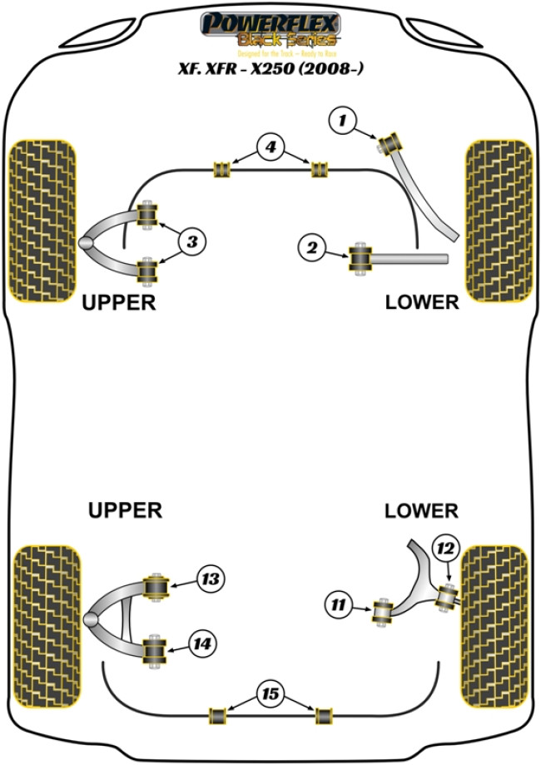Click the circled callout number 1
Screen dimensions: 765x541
(x=341, y=122)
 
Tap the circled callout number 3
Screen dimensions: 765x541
(x=191, y=242)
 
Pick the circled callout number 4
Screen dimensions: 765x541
(x=270, y=149)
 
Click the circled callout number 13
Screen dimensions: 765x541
(x=211, y=577)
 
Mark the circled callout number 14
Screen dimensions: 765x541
(x=202, y=643)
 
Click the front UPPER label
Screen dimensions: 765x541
(x=119, y=302)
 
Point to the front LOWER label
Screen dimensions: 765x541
(x=422, y=302)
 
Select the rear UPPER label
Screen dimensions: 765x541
(x=125, y=509)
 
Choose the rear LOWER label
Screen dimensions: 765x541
(x=421, y=509)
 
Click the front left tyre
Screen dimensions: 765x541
(x=42, y=220)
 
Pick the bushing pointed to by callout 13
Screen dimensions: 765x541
(x=156, y=586)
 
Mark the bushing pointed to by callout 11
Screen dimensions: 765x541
(x=384, y=613)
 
